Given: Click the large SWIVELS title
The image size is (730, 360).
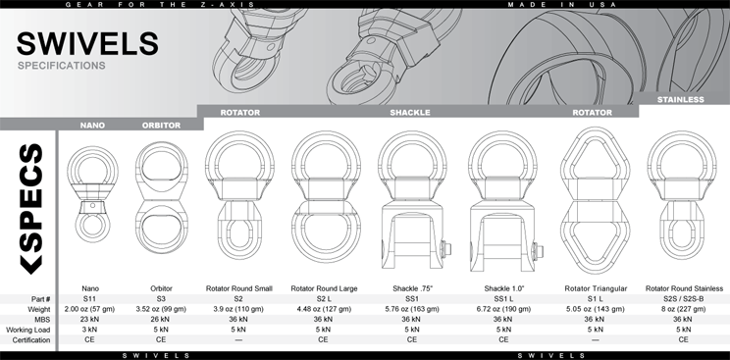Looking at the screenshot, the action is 87,43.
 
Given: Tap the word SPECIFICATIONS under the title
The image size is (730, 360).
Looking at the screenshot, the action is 62,66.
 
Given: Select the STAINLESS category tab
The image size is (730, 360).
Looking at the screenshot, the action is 680,100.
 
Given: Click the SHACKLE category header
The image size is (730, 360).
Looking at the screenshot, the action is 410,113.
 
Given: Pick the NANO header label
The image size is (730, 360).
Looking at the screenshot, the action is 92,126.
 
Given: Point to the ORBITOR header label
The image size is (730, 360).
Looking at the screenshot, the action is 161,126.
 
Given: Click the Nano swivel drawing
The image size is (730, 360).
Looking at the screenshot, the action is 92,194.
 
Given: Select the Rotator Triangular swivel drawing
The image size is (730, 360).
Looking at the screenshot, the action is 596,200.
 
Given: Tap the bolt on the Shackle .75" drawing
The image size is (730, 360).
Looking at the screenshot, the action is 446,249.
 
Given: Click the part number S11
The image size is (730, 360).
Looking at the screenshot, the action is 89,299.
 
